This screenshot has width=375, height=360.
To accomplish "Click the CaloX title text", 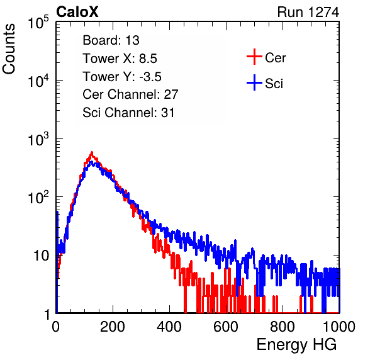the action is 77,12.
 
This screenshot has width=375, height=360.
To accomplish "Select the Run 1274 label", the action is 308,12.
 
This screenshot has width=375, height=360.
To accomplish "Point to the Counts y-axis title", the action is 9,49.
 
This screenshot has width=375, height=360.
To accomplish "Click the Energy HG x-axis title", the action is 296,345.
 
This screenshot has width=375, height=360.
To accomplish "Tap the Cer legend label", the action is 275,58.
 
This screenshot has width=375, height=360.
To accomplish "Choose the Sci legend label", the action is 274,84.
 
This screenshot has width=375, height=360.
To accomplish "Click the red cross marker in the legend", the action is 254,57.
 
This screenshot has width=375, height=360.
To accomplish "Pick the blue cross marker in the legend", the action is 254,82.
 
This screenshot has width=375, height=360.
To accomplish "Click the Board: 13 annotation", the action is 111,40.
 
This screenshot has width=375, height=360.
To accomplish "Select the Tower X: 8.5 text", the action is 120,59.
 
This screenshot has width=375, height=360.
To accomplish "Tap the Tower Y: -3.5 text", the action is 122,77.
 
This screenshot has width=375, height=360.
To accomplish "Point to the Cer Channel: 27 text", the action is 130,94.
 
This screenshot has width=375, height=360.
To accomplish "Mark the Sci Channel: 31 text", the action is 128,113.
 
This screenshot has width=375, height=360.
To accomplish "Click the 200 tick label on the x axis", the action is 113,327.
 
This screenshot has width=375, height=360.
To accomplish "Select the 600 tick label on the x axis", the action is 226,327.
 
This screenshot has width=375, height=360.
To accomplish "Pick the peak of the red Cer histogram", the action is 92,152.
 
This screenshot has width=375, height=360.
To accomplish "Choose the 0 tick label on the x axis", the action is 56,327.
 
